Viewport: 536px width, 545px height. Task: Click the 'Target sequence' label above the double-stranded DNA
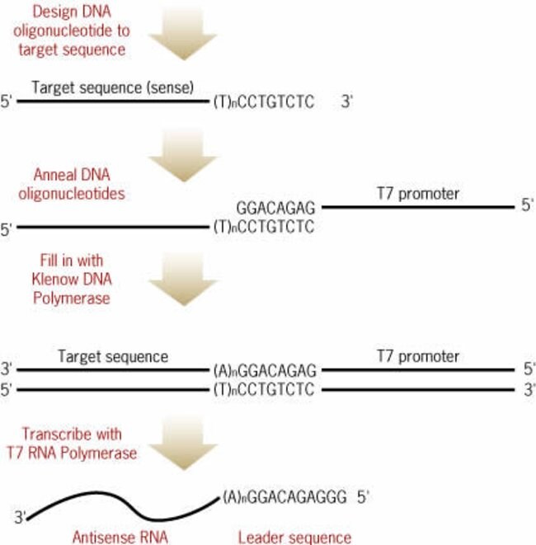(x=113, y=357)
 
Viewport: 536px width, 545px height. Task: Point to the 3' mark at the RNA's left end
(x=21, y=518)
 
